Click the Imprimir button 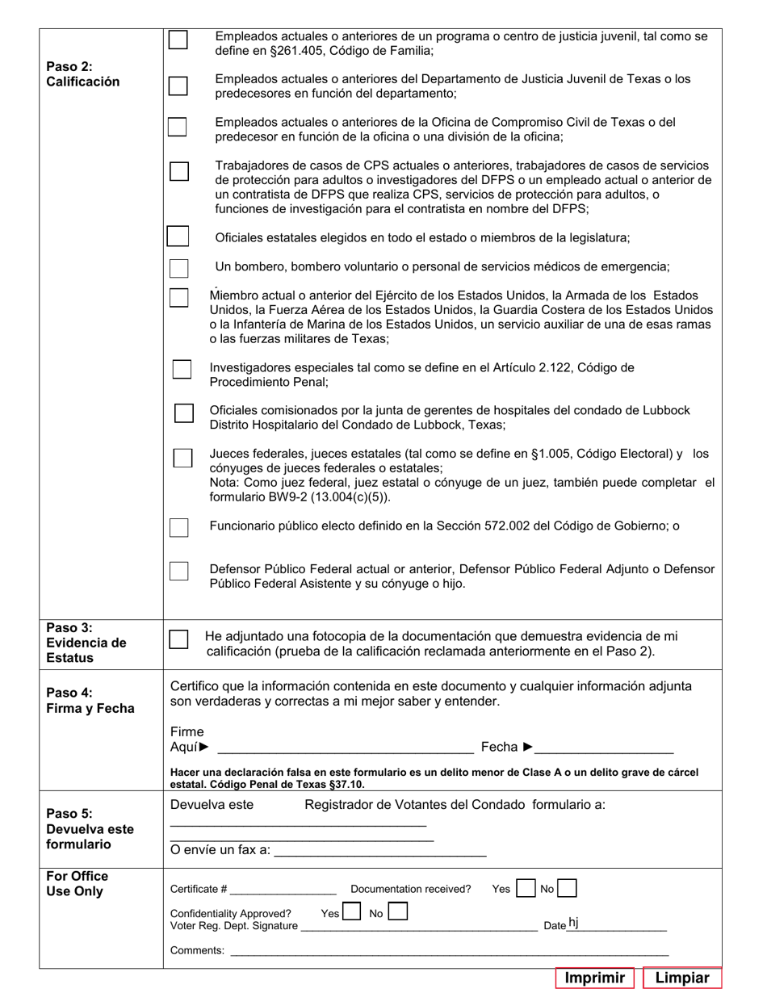(595, 978)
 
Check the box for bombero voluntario (178, 268)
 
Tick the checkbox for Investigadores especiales (182, 369)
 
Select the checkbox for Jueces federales (182, 458)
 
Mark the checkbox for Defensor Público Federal (178, 571)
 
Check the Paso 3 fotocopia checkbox (178, 639)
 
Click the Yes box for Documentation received (526, 888)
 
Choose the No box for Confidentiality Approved (397, 912)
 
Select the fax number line (380, 851)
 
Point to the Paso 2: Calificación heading (83, 74)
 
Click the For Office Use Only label (78, 884)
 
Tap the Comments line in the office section (449, 952)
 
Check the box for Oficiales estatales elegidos (178, 237)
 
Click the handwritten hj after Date (573, 923)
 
